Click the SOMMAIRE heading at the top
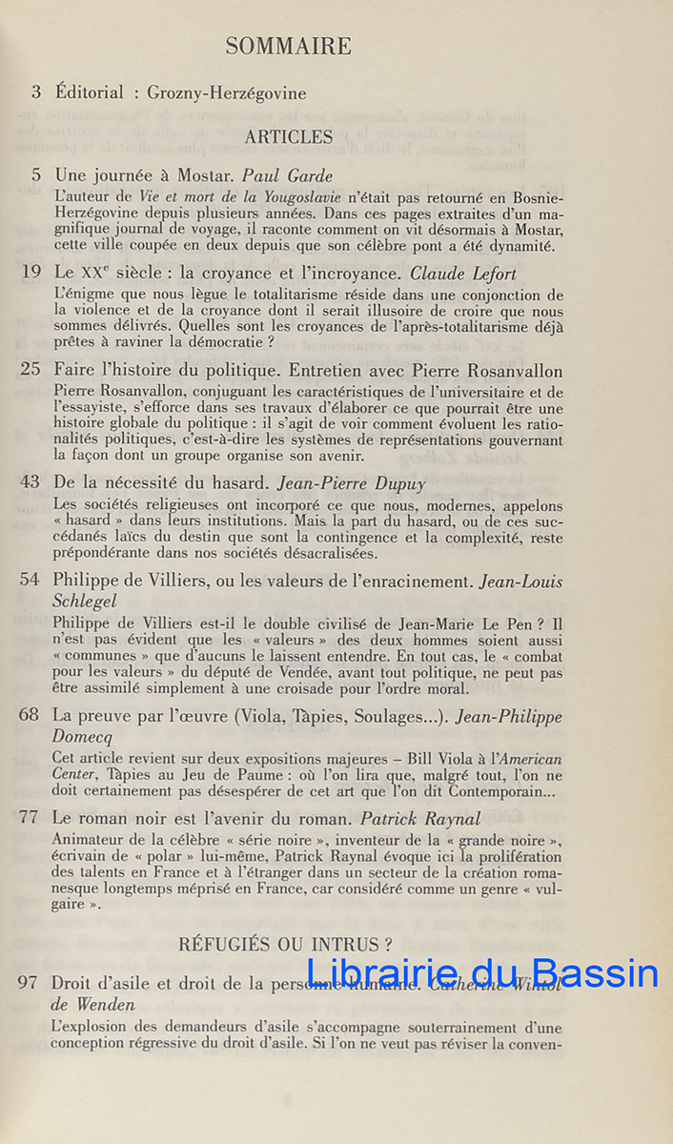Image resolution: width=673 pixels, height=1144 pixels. [x=288, y=46]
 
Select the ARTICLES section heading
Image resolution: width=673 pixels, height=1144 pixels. [x=289, y=136]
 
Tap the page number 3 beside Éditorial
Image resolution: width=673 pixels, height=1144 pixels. [x=36, y=92]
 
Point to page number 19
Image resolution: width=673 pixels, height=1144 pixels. [x=31, y=273]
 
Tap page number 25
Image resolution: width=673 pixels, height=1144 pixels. [x=31, y=371]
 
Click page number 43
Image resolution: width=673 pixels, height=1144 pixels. [x=31, y=482]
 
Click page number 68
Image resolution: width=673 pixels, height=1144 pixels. [x=31, y=715]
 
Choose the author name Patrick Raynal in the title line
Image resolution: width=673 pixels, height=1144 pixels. [x=420, y=818]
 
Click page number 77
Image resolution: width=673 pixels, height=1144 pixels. [x=31, y=818]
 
